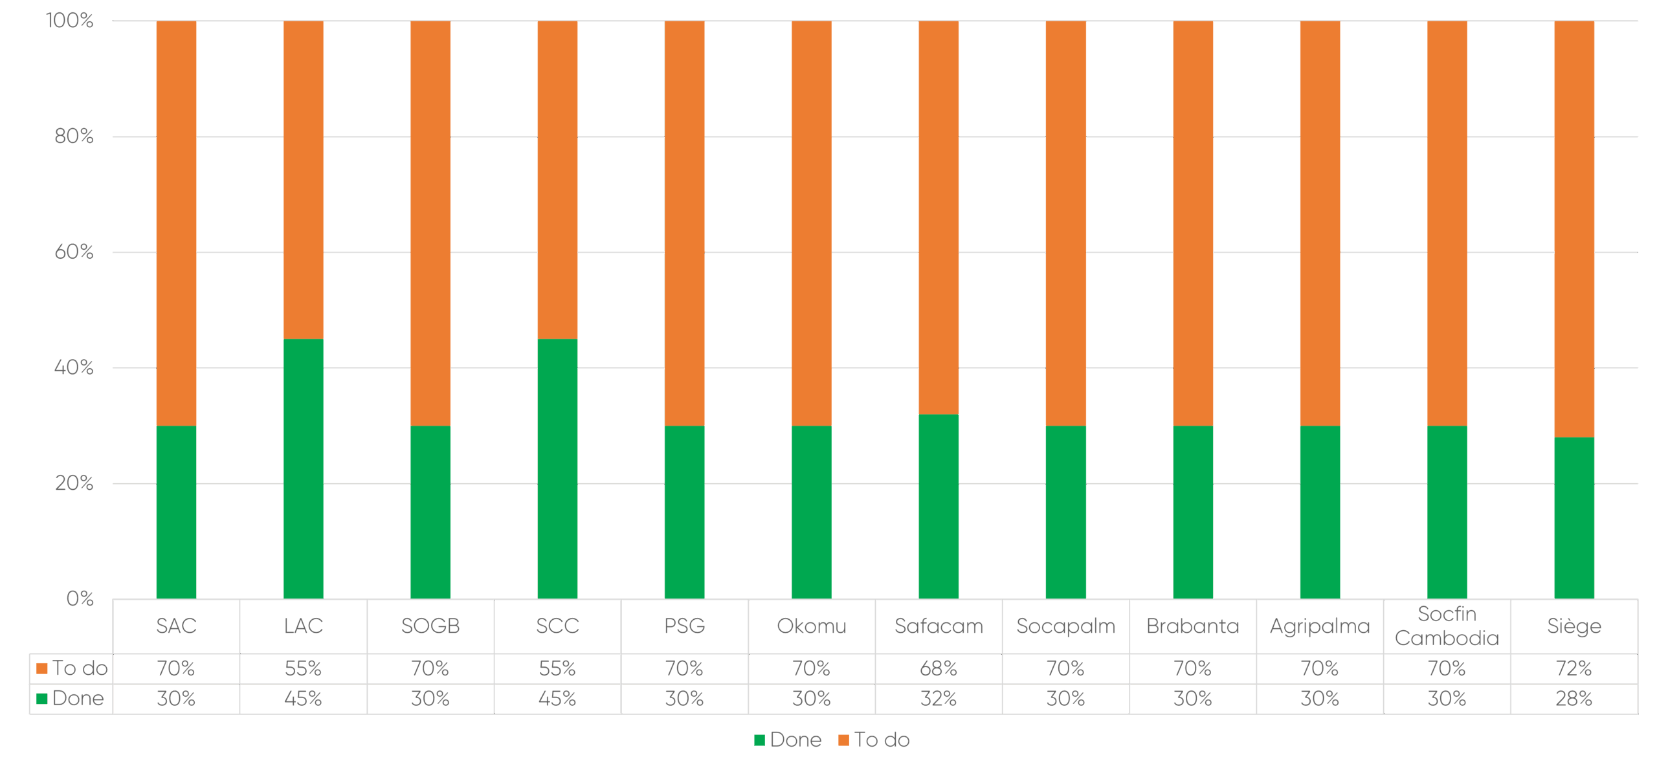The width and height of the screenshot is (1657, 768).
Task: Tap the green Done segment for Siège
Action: tap(1574, 518)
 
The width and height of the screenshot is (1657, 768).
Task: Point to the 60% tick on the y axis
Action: tap(74, 252)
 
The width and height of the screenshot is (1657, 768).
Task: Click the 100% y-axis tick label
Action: tap(70, 21)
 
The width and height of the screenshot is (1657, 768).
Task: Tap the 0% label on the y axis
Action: tap(80, 598)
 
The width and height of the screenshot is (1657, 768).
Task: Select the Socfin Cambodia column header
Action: tap(1447, 626)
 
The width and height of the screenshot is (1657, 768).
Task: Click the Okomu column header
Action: tap(812, 626)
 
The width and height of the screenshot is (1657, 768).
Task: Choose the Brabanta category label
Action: tap(1192, 626)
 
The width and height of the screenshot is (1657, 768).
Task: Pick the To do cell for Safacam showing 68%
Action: tap(939, 668)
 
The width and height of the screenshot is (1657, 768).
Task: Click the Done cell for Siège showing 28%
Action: tap(1574, 698)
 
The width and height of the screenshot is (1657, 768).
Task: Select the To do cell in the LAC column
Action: tap(304, 668)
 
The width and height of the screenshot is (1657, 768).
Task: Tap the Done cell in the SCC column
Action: tap(557, 698)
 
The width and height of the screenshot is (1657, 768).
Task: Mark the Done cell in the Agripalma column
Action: tap(1320, 698)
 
